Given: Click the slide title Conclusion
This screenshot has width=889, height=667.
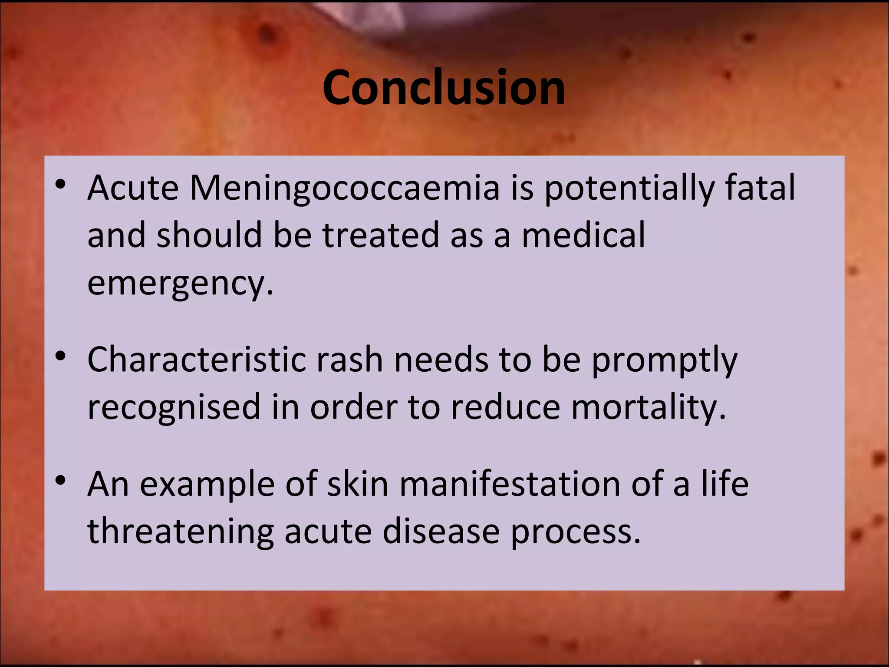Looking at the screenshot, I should click(444, 88).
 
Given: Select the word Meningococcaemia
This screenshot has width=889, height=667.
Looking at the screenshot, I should click(345, 188).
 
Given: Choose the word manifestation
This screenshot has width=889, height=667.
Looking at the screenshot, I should click(510, 484).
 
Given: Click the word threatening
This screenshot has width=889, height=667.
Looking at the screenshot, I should click(181, 532).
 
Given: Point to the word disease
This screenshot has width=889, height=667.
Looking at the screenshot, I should click(441, 532).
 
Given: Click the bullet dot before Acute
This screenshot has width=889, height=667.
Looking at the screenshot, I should click(60, 185).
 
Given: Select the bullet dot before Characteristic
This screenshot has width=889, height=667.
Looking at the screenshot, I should click(60, 357).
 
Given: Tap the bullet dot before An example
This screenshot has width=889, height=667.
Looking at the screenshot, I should click(60, 481).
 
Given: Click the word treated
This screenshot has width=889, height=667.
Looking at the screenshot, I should click(380, 235).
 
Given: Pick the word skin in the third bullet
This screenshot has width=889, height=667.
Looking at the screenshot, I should click(357, 484).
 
